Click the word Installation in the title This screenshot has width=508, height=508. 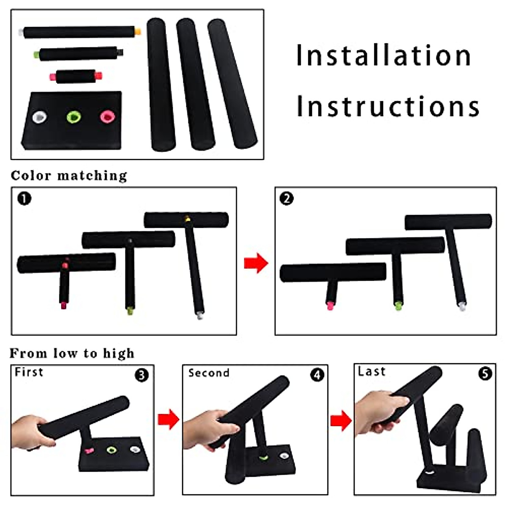point(384,55)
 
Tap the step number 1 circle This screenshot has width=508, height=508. point(24,199)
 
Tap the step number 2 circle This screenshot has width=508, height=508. point(287,199)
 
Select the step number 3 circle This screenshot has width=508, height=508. point(141,375)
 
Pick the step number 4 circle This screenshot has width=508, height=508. point(317,375)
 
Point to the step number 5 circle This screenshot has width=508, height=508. point(485,373)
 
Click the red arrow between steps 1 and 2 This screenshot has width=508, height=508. point(256,263)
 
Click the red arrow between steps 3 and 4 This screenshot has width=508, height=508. point(168,420)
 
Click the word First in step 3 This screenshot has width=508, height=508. point(29,372)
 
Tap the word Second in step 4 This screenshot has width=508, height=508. point(209,373)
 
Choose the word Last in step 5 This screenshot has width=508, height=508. point(372,371)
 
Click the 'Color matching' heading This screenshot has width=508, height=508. point(69,176)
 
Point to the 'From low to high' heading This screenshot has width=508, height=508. point(72,353)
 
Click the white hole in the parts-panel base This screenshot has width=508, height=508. point(40,116)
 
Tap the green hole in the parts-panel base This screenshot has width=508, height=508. point(74,117)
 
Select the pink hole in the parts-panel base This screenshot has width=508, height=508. point(107,116)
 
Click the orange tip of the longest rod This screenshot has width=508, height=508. point(137,32)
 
